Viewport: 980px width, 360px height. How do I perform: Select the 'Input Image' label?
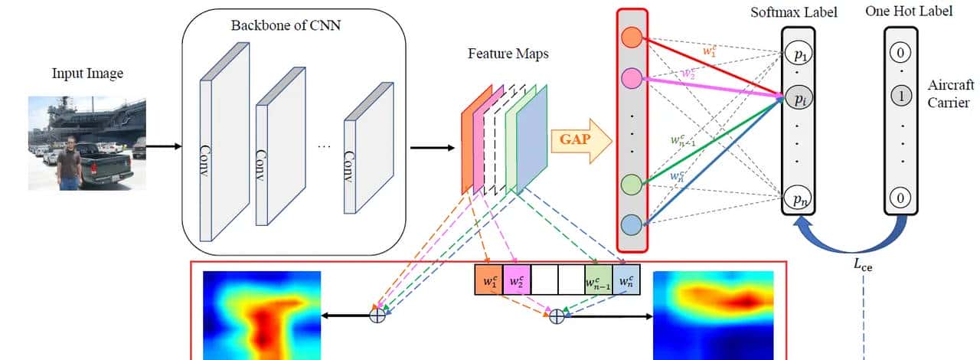87,74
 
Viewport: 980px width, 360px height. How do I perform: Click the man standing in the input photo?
71,162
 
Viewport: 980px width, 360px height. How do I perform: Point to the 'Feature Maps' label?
508,54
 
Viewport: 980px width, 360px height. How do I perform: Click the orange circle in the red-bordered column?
632,36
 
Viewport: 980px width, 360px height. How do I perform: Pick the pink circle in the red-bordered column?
632,77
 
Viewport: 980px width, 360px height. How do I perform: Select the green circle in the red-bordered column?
632,184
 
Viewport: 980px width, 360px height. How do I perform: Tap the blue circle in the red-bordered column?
632,224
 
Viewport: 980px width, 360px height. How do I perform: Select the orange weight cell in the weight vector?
488,280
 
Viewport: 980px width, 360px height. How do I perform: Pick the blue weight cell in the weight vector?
626,280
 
